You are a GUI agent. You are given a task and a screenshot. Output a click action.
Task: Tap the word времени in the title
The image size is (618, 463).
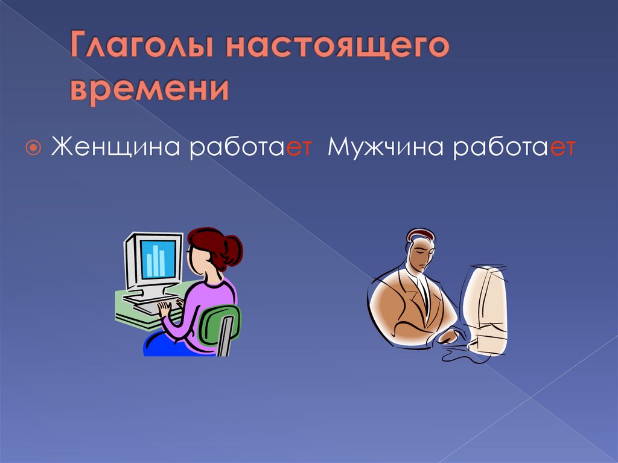[150, 89]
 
